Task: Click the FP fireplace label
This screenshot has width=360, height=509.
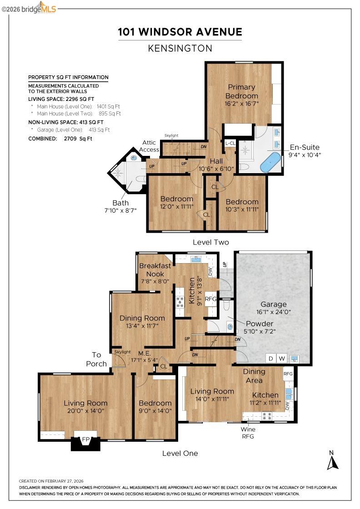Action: pyautogui.click(x=86, y=440)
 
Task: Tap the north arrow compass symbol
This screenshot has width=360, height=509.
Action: pyautogui.click(x=333, y=460)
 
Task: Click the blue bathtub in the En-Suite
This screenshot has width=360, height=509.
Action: pyautogui.click(x=270, y=162)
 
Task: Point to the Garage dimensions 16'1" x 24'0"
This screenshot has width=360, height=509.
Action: pyautogui.click(x=274, y=312)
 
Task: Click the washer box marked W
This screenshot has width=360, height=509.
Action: pyautogui.click(x=282, y=359)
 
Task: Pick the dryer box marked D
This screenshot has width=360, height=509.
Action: pyautogui.click(x=271, y=359)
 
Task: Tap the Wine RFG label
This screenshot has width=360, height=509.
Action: pyautogui.click(x=248, y=433)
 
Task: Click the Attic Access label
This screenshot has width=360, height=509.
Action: pyautogui.click(x=149, y=146)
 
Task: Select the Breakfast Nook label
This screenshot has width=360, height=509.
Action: pyautogui.click(x=155, y=269)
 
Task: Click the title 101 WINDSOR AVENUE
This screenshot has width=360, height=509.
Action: pyautogui.click(x=180, y=32)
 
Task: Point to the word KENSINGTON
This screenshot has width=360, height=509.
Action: pyautogui.click(x=180, y=48)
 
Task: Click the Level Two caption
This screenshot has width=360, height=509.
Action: pyautogui.click(x=211, y=242)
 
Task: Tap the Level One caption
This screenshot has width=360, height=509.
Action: pyautogui.click(x=180, y=453)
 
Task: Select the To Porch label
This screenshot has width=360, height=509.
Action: pyautogui.click(x=99, y=359)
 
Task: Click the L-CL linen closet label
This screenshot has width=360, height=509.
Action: pyautogui.click(x=230, y=143)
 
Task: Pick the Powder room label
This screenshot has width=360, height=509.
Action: pyautogui.click(x=260, y=324)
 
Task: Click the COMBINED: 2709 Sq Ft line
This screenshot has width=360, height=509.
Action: pyautogui.click(x=60, y=139)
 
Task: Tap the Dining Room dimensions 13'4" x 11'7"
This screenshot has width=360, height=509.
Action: pyautogui.click(x=142, y=326)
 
